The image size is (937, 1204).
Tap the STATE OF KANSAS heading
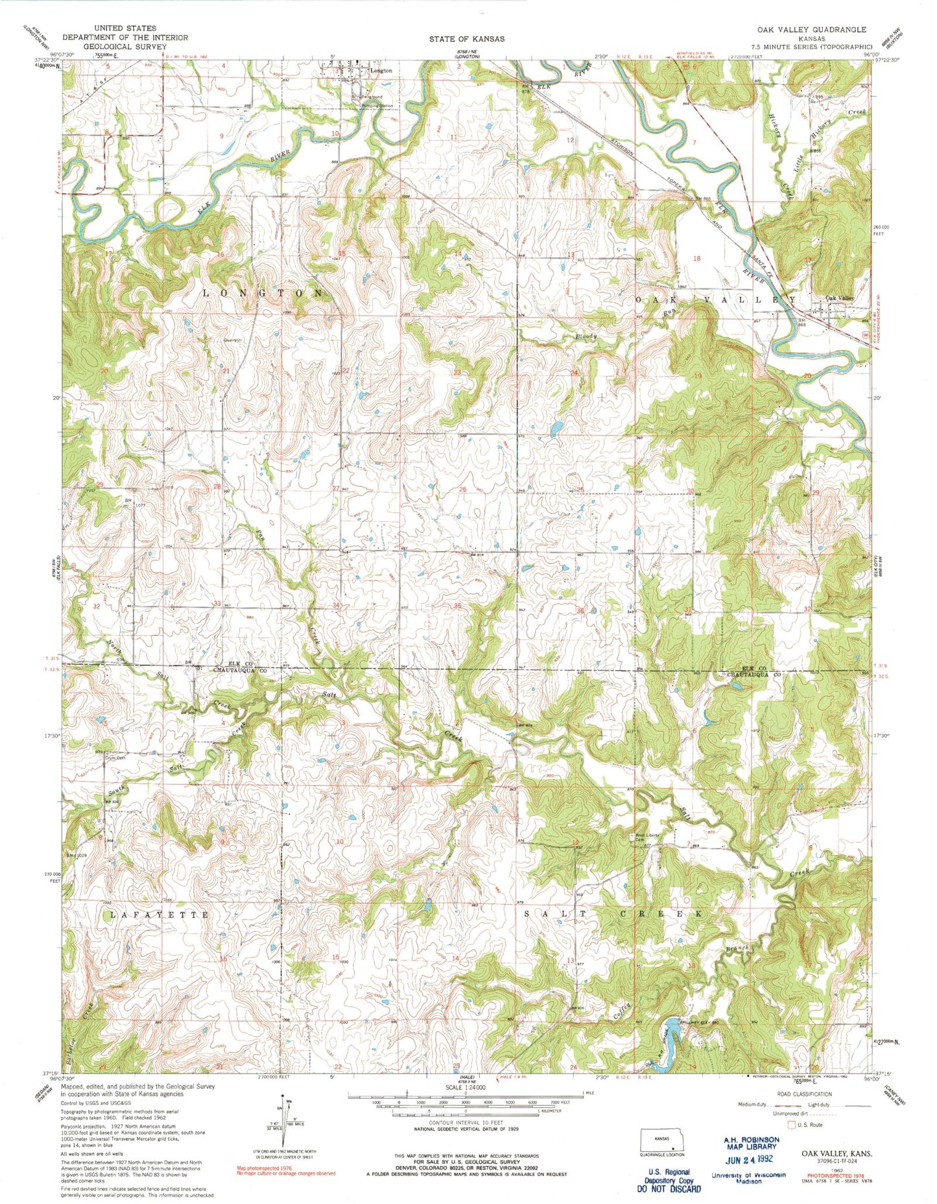(x=466, y=39)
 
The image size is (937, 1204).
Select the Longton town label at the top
(x=381, y=71)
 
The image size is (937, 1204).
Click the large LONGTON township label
(x=263, y=293)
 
